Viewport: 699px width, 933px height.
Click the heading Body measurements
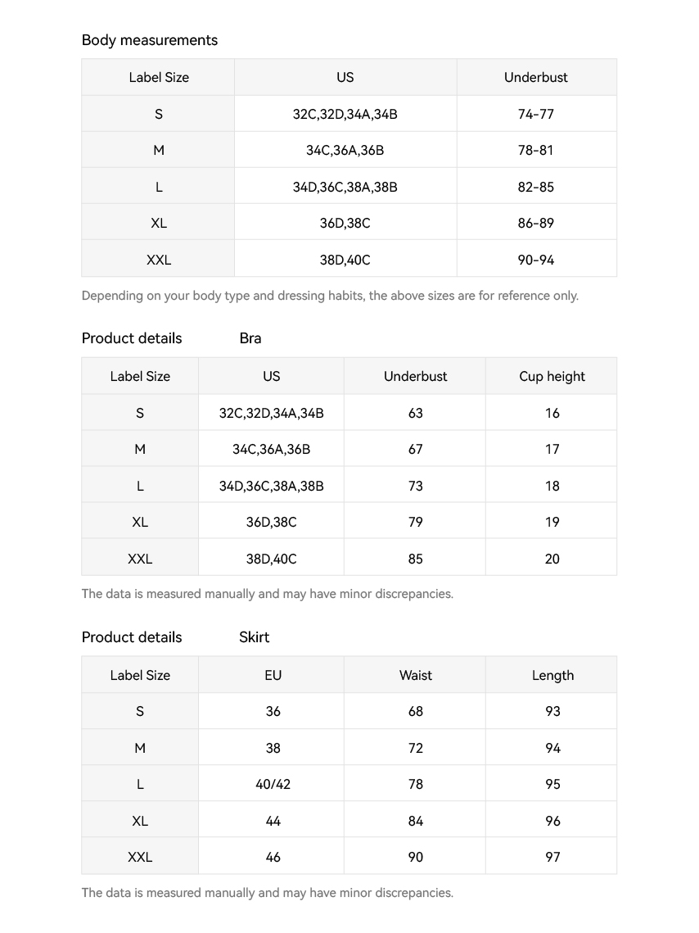click(x=150, y=40)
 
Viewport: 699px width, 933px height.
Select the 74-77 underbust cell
click(x=536, y=114)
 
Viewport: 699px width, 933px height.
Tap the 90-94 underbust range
click(x=536, y=260)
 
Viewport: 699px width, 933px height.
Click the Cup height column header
click(x=552, y=377)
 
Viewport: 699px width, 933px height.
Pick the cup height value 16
click(x=552, y=413)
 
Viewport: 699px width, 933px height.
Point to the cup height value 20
click(x=552, y=559)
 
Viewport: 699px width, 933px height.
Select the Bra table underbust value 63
click(x=416, y=413)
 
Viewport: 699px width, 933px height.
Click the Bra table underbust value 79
click(x=416, y=522)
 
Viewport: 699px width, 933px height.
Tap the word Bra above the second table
click(x=250, y=338)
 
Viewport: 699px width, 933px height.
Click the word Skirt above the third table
click(x=254, y=637)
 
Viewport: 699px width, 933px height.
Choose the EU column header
click(x=273, y=675)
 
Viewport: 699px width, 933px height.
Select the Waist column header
click(x=416, y=675)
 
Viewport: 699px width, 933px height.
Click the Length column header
click(x=552, y=675)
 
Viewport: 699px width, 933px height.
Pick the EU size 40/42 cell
click(x=273, y=784)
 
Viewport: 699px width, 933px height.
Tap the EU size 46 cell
click(x=273, y=857)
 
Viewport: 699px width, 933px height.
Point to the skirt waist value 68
click(x=416, y=711)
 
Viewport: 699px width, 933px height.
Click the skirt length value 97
click(x=552, y=857)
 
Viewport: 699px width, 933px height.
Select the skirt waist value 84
click(x=416, y=821)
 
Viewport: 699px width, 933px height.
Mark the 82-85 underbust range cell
click(x=536, y=187)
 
